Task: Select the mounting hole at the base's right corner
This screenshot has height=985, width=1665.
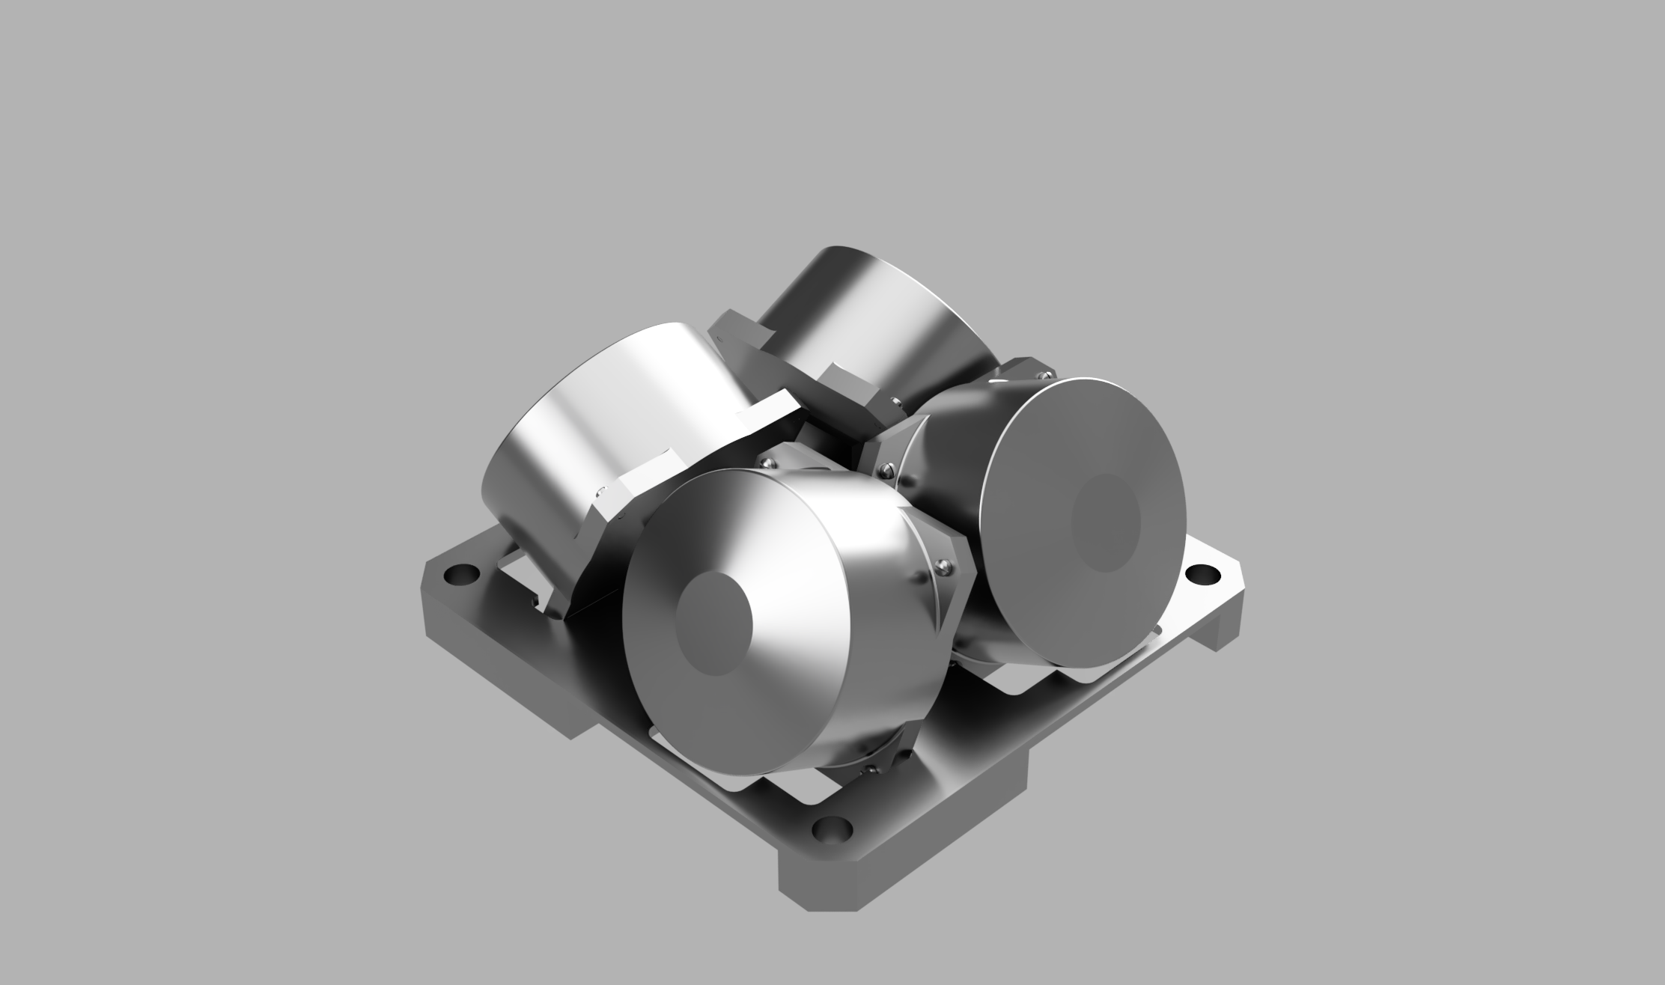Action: coord(1203,574)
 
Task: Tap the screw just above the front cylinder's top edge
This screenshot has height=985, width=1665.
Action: coord(767,464)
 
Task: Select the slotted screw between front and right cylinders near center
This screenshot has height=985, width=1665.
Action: coord(887,470)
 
